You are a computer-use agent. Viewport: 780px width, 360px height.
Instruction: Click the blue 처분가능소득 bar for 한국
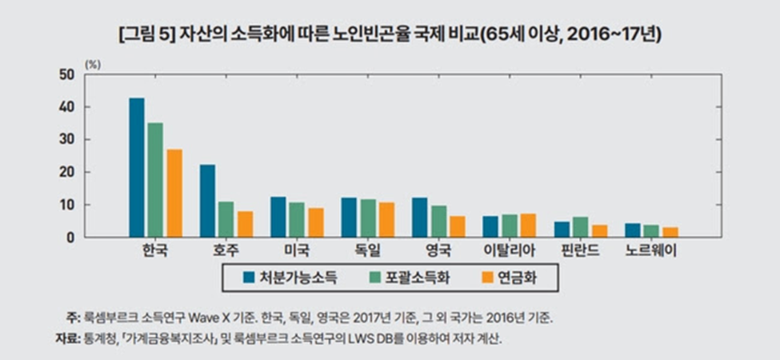137,167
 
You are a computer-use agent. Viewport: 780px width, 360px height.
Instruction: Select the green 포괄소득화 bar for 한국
155,180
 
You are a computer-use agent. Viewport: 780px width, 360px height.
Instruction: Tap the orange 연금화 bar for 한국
174,193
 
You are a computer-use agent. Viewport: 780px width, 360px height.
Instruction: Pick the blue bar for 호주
207,201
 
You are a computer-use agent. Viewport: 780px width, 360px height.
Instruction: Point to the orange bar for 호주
245,224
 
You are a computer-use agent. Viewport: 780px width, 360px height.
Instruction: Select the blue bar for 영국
419,217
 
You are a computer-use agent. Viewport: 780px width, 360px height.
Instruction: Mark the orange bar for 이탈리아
528,226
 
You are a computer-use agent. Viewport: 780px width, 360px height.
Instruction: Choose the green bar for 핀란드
580,227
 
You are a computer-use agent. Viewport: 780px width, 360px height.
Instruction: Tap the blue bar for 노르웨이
632,230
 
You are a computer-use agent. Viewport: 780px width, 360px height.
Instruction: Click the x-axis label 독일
366,251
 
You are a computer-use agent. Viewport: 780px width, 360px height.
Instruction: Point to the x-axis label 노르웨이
650,251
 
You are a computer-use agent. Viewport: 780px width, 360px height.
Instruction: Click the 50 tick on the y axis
68,74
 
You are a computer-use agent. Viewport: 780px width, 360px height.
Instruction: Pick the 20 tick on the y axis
68,172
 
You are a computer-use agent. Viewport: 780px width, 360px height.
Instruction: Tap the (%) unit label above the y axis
93,63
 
